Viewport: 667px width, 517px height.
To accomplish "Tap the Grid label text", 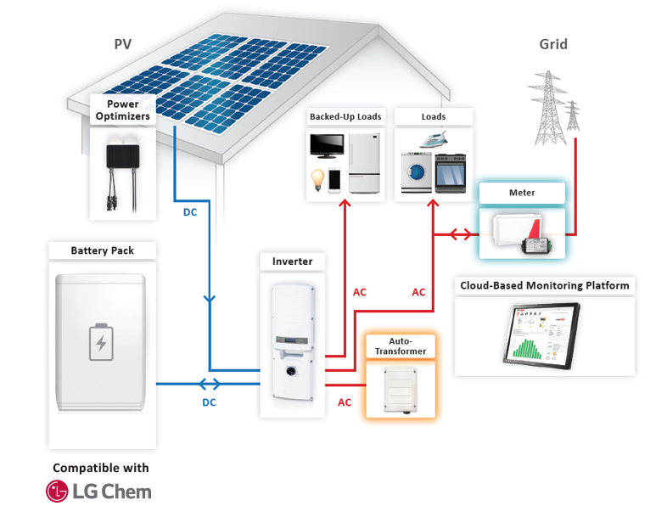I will [552, 44].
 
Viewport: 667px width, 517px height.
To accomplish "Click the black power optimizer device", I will [124, 157].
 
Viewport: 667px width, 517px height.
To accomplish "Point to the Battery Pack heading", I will [102, 250].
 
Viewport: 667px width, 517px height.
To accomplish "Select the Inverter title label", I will [292, 261].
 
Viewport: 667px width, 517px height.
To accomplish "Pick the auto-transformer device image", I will [400, 388].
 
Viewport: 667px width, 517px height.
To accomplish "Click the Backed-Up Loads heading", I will [345, 116].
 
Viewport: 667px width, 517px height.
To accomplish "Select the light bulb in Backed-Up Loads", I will [317, 181].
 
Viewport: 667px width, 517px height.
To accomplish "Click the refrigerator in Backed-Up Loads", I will [363, 164].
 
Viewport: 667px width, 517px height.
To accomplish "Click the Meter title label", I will [522, 193].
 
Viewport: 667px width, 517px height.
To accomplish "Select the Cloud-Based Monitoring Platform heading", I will [545, 285].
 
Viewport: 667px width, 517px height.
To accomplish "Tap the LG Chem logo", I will [98, 492].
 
